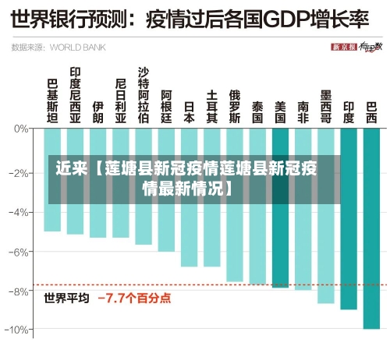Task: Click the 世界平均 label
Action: [x=66, y=298]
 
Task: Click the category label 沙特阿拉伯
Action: [x=143, y=96]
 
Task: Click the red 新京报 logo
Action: [x=344, y=47]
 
